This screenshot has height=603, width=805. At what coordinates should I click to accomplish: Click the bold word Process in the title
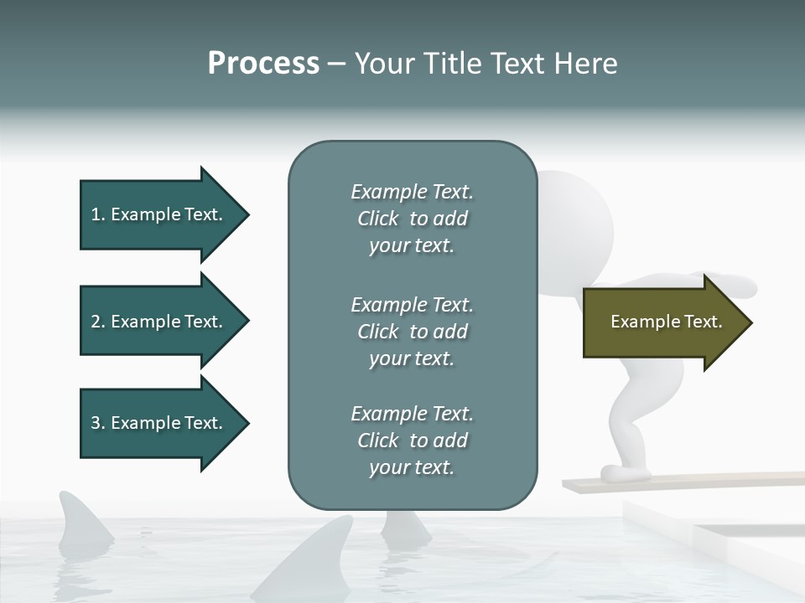click(263, 64)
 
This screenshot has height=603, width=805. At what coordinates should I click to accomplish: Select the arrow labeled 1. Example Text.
click(159, 214)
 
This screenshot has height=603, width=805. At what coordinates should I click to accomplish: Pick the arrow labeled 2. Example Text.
click(159, 322)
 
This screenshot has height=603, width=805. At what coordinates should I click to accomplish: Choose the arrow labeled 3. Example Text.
click(159, 423)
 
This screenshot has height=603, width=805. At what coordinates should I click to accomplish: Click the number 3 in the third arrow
click(96, 423)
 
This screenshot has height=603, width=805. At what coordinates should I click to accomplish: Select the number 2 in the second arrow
click(96, 322)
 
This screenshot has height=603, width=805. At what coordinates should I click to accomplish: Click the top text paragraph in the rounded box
click(412, 219)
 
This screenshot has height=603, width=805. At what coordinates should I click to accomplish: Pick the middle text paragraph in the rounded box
click(412, 332)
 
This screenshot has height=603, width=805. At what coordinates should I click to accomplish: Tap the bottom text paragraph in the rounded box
click(412, 441)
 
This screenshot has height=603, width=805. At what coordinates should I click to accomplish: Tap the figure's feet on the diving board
click(625, 474)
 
